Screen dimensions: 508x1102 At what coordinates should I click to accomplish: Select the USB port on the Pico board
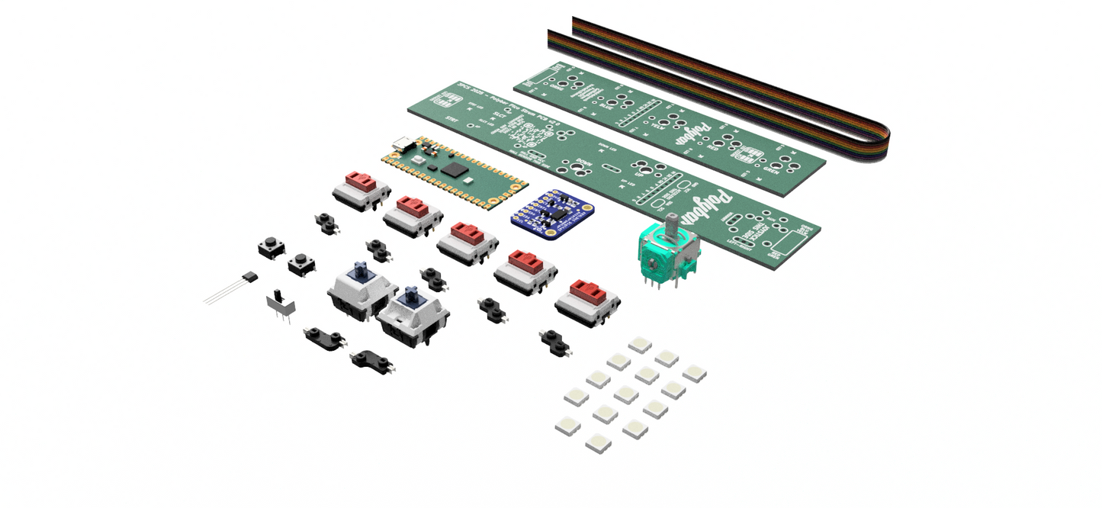pos(402,144)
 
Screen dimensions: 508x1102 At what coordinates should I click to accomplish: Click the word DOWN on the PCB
pos(585,161)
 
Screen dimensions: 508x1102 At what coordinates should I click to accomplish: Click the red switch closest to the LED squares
pos(587,300)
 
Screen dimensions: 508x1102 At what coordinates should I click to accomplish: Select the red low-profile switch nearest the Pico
pos(361,188)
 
